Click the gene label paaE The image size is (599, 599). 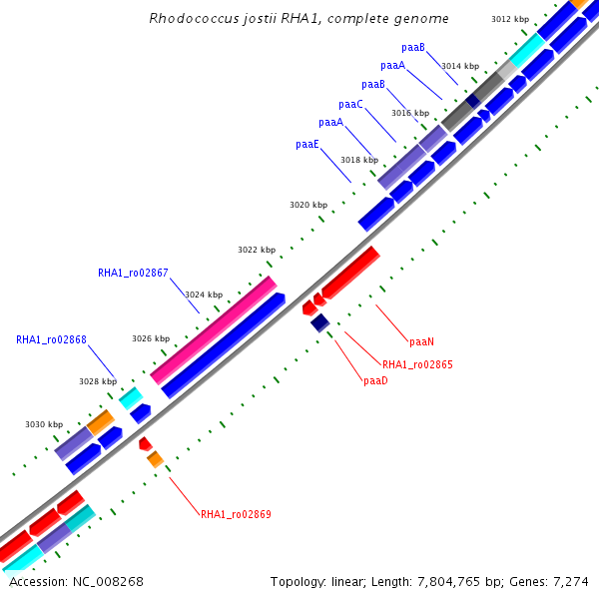pos(307,145)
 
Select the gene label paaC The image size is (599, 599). pos(350,105)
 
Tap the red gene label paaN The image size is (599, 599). pos(421,342)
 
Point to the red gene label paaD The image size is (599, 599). pos(375,381)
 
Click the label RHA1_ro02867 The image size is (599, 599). pos(133,273)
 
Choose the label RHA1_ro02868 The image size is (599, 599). pos(51,340)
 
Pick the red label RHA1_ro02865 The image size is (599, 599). pos(417,365)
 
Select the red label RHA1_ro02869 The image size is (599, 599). pos(236,515)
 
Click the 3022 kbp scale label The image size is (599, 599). pos(256,250)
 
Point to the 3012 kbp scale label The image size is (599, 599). pos(510,20)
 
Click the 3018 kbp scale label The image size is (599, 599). pos(358,160)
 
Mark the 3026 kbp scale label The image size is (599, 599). pos(151,338)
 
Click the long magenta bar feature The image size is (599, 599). pos(213,330)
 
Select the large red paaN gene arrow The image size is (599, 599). pos(349,272)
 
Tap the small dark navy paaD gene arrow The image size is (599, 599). pos(319,322)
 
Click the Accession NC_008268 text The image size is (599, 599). pos(76,581)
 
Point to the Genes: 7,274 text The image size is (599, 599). pos(557,581)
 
